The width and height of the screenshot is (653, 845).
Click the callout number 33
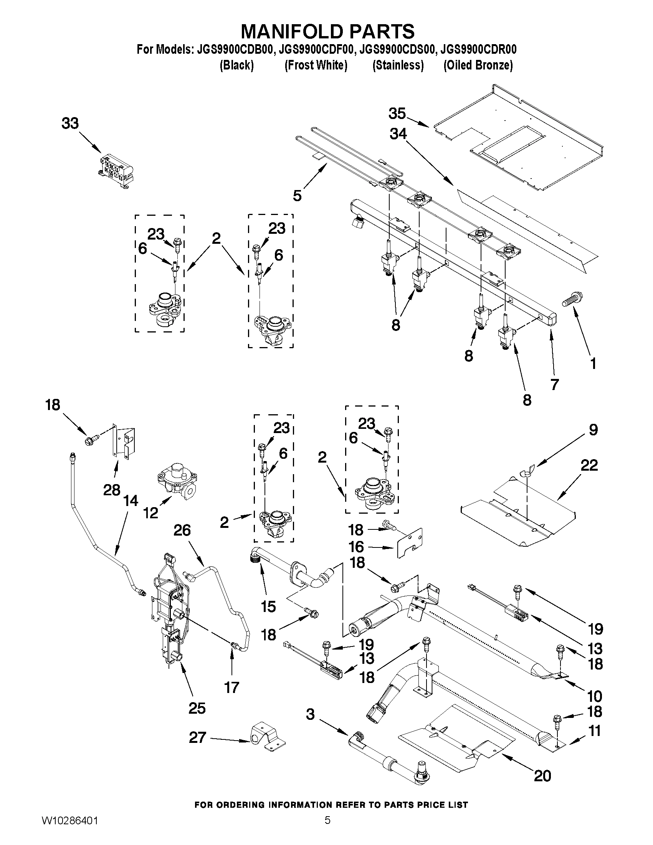click(x=70, y=123)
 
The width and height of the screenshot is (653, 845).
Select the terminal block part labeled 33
click(x=116, y=170)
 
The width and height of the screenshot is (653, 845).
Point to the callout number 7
click(x=555, y=384)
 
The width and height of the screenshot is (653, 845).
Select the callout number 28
click(x=112, y=490)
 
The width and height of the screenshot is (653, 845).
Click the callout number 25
click(x=197, y=708)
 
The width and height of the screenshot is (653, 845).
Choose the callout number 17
click(x=232, y=688)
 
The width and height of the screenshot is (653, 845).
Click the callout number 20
click(x=542, y=776)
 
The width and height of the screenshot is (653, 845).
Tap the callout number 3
click(x=311, y=714)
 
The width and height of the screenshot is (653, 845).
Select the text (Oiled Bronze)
click(x=478, y=65)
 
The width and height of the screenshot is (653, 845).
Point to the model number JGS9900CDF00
click(x=316, y=50)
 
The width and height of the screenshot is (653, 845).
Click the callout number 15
click(x=268, y=606)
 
